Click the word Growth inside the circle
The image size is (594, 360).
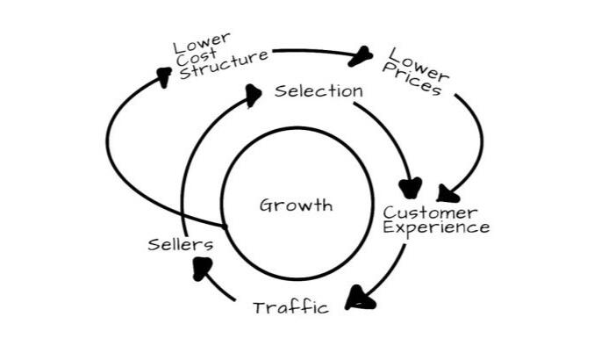click(296, 205)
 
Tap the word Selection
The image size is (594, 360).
click(318, 90)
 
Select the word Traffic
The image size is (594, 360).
click(290, 307)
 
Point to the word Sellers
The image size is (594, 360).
click(180, 244)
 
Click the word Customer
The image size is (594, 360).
click(431, 212)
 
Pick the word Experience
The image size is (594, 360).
click(436, 227)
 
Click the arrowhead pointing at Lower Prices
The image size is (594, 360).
click(361, 58)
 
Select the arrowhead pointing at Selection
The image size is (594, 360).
click(253, 94)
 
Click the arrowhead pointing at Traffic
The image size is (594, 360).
click(358, 299)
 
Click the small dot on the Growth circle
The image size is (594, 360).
click(225, 227)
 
